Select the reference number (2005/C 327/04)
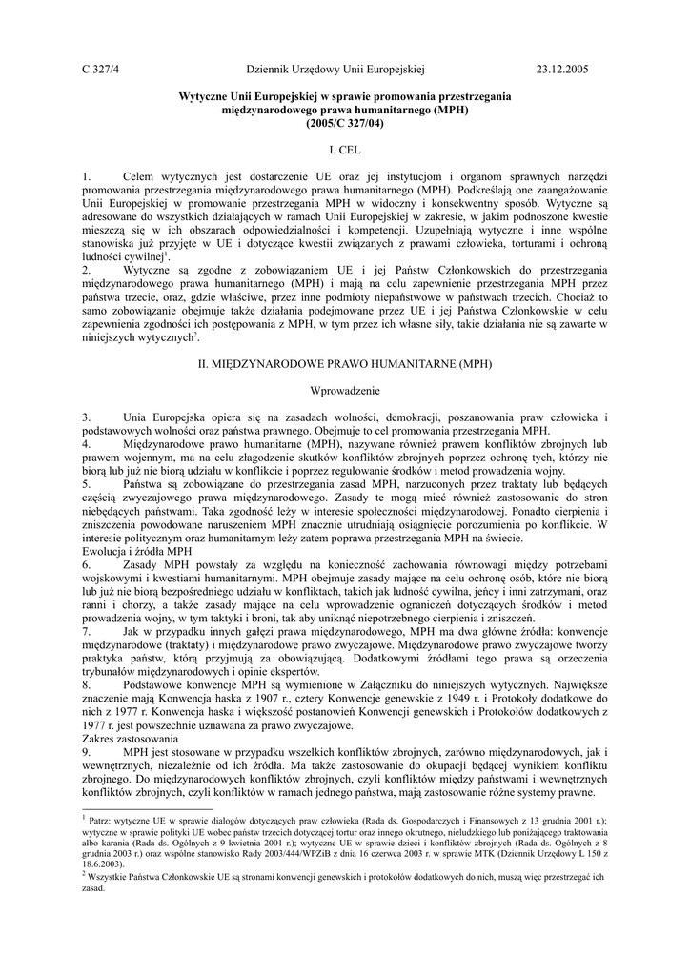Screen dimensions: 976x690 (x=345, y=124)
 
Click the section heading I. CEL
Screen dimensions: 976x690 (x=345, y=151)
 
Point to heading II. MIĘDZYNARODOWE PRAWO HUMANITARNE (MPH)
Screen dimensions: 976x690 (x=345, y=364)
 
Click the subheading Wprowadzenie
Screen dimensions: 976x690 (x=345, y=391)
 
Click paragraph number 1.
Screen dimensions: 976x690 (x=86, y=177)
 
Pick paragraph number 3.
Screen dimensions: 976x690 (x=86, y=417)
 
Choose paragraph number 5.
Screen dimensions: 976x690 (x=86, y=484)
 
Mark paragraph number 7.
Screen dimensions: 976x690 (x=86, y=631)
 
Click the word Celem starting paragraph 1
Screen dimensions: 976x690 (x=143, y=177)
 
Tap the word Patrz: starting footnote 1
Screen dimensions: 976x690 (x=102, y=820)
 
